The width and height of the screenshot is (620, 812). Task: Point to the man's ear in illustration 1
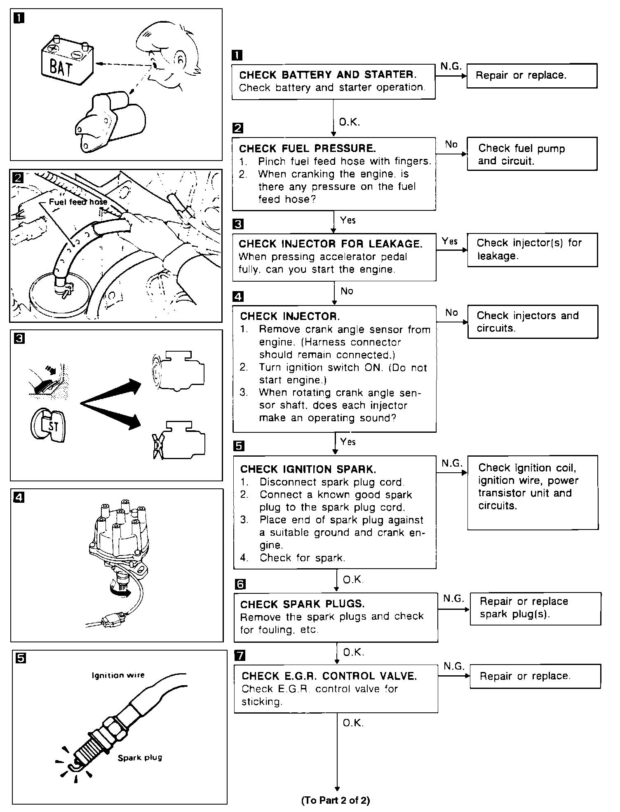pos(181,59)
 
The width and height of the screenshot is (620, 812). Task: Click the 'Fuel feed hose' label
pos(78,202)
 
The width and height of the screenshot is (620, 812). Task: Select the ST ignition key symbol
pos(48,425)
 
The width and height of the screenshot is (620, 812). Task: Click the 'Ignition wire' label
pos(118,675)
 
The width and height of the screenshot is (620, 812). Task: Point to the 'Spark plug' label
pos(140,758)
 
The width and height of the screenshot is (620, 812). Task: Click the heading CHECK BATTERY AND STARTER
pos(328,75)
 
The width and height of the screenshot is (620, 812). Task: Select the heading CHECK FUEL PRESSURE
pos(308,148)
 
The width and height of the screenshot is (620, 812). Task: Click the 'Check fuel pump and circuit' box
pos(532,154)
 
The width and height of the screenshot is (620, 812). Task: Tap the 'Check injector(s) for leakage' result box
pos(533,250)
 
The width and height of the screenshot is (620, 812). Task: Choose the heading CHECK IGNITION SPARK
pos(308,469)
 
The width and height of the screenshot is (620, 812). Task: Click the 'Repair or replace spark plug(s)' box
pos(535,609)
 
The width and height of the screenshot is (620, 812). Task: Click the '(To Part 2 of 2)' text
pos(336,801)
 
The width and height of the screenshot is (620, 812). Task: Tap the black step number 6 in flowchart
pos(240,584)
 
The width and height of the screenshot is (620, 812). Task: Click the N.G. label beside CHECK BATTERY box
pos(451,66)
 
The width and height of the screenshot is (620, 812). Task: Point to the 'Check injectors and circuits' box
pos(533,322)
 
